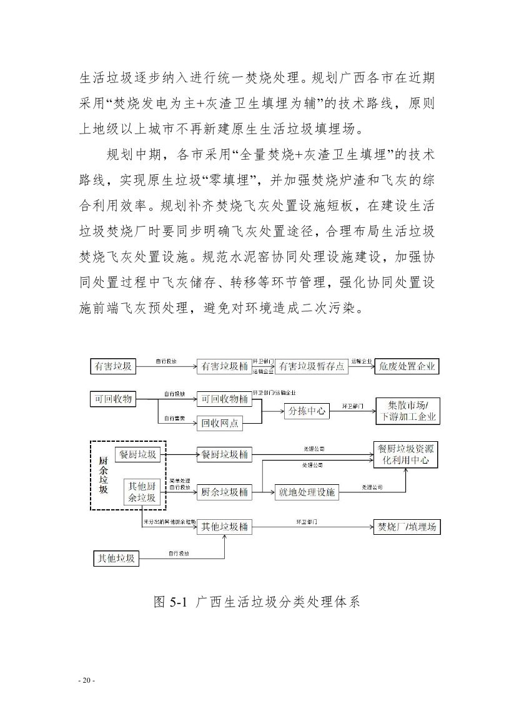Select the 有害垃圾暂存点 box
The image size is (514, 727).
(312, 367)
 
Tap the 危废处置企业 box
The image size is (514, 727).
(407, 367)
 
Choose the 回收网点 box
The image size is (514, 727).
(220, 423)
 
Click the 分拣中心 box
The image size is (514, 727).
(306, 411)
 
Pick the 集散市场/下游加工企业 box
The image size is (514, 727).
(407, 411)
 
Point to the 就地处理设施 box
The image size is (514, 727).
(306, 492)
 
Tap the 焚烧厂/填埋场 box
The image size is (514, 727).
(405, 527)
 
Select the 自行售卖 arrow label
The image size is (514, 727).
(174, 417)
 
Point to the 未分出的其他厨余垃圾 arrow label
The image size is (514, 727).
(170, 521)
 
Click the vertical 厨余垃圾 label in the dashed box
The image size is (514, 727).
(104, 476)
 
